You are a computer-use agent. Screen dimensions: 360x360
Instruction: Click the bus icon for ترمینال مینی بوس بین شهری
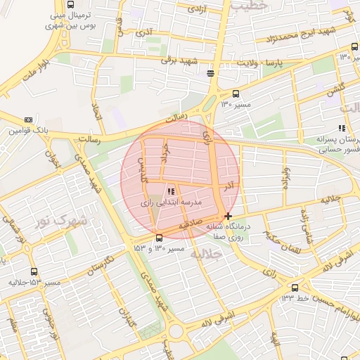70,4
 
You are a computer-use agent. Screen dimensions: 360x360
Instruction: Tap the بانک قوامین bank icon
27,120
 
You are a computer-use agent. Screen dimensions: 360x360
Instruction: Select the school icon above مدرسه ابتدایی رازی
170,191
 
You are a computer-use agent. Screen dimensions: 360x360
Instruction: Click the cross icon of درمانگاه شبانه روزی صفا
227,216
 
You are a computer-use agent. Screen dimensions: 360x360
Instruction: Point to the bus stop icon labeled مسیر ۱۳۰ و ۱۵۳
159,238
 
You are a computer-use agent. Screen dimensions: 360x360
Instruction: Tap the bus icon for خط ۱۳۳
295,287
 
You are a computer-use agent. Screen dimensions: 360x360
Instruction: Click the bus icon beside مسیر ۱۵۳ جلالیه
34,271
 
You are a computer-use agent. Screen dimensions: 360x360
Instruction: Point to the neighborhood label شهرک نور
60,221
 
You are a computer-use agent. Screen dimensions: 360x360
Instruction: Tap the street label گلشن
335,91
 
